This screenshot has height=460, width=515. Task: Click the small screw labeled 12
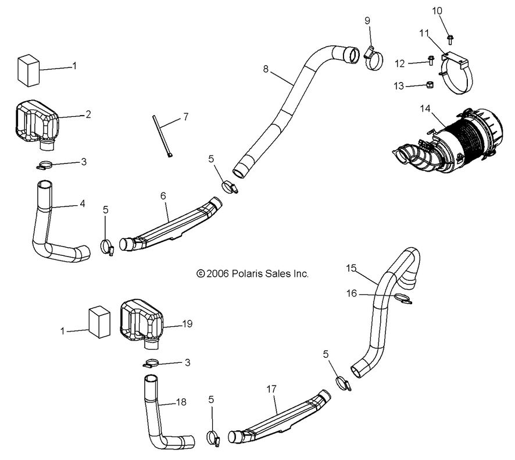[x=431, y=60]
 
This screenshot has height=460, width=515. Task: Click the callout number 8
[x=266, y=69]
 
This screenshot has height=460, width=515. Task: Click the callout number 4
[x=83, y=204]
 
